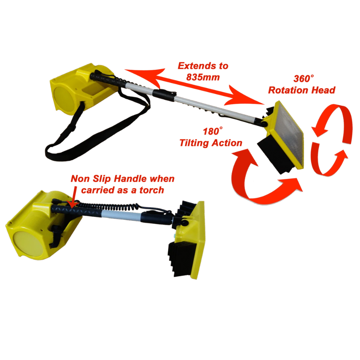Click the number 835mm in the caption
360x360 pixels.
(203, 77)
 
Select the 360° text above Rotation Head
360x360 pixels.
(303, 78)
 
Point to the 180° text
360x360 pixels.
(213, 131)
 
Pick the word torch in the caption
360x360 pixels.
(152, 190)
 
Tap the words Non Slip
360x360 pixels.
(91, 179)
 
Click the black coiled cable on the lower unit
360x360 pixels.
(108, 206)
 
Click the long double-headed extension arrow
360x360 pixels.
(194, 87)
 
